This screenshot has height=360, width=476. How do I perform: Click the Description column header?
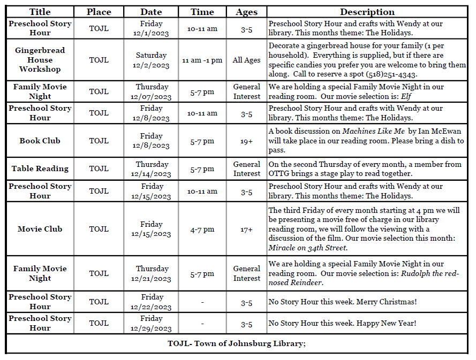pos(367,12)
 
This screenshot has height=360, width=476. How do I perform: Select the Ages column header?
pos(246,12)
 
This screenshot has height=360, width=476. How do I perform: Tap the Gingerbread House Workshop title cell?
pos(40,59)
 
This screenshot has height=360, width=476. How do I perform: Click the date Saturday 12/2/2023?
pos(152,60)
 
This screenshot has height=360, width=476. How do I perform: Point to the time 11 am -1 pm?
pos(202,60)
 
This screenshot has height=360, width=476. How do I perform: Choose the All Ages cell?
pos(246,60)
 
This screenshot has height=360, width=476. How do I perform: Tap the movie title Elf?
pos(407,96)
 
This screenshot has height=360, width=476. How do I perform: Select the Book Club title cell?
pos(40,141)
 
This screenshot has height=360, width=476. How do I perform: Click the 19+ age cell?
pos(246,141)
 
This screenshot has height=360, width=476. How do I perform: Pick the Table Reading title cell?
pos(40,168)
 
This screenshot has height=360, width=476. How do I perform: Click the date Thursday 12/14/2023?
pos(152,168)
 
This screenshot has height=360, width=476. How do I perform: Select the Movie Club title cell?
pos(40,229)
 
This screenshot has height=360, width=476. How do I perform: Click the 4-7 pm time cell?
pos(202,229)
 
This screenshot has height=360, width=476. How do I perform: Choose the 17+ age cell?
pos(246,229)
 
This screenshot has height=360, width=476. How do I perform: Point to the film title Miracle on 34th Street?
pos(308,248)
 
